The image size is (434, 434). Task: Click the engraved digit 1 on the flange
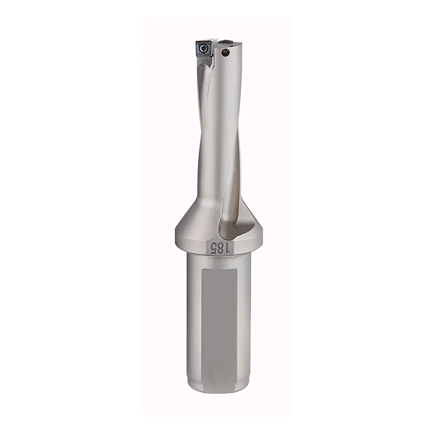229,248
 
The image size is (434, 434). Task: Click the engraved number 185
221,248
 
